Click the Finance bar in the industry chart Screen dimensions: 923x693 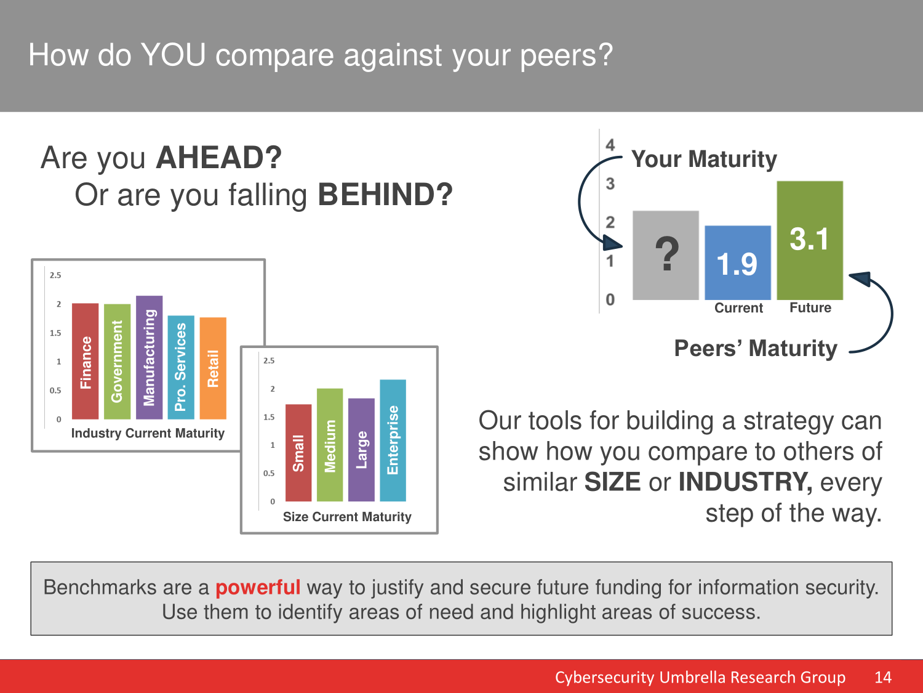86,361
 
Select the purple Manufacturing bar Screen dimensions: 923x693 150,357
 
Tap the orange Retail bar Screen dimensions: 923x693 213,368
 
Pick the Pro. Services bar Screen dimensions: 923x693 182,367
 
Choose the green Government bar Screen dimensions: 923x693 118,362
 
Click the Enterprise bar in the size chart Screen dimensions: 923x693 393,440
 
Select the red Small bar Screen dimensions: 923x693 298,453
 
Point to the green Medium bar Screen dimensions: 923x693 330,445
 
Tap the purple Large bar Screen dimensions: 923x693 361,450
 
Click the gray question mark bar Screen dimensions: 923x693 666,256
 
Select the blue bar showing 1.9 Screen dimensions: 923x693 738,262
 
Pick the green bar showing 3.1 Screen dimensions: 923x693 810,240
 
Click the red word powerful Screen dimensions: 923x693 258,588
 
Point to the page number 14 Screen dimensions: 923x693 882,677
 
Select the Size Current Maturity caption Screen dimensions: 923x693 347,517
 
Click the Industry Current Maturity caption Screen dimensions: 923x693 148,434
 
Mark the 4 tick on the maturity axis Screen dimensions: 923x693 610,145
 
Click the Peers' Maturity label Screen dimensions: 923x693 756,349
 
